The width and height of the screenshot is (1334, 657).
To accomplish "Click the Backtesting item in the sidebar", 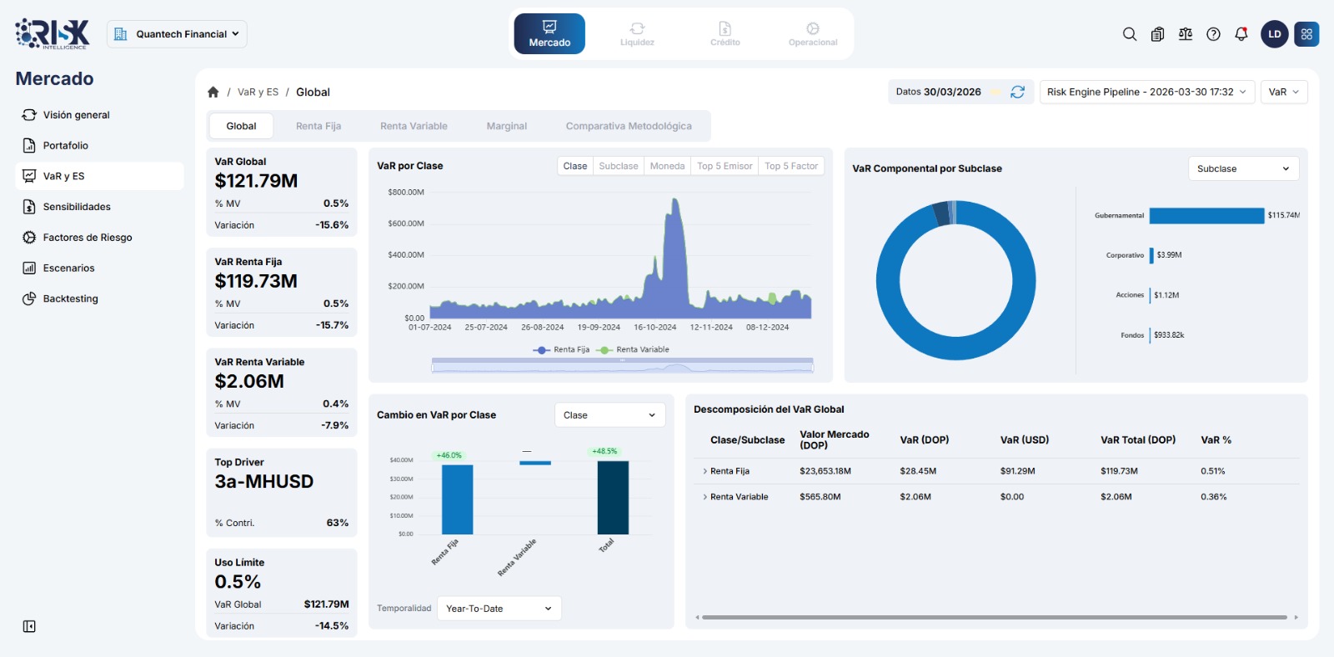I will click(x=70, y=298).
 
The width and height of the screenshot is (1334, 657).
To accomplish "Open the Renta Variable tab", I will click(x=414, y=126).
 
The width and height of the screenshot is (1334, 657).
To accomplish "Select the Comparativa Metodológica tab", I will click(x=628, y=126).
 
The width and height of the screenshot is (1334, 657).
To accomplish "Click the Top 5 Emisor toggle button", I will click(x=725, y=166).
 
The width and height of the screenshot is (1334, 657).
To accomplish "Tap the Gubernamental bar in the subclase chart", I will click(x=1206, y=215).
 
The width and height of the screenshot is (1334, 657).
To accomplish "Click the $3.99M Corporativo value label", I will click(x=1169, y=255).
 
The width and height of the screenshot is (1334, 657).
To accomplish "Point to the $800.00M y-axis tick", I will click(x=406, y=193).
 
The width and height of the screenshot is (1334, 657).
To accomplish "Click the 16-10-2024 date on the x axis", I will click(x=654, y=328).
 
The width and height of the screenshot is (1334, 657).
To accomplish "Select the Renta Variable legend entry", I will click(x=641, y=350).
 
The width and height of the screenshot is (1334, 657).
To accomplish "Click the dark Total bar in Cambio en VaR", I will click(x=613, y=497).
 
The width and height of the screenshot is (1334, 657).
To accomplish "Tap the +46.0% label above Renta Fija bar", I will click(x=449, y=455).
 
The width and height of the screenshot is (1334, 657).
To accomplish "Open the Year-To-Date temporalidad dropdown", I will click(x=499, y=609).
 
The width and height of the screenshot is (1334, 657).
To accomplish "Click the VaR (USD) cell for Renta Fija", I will click(x=1017, y=471).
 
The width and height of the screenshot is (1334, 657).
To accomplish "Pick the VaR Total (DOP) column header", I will click(x=1137, y=440).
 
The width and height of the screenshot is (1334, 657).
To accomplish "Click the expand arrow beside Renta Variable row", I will click(x=705, y=497).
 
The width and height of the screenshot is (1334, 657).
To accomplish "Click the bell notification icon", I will click(x=1241, y=34).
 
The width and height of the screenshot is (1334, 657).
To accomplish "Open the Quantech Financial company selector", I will click(x=177, y=34).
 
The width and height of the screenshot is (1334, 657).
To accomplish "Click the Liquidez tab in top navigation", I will click(x=637, y=34).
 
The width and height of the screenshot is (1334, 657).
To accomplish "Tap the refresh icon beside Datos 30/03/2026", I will click(x=1017, y=92).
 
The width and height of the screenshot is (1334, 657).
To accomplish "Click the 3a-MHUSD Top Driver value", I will click(x=263, y=482).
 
